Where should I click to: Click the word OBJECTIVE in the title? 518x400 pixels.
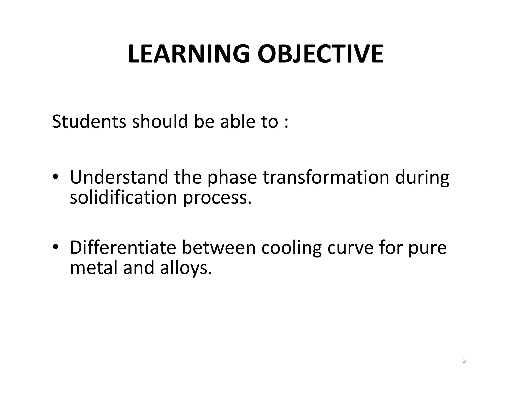click(x=320, y=54)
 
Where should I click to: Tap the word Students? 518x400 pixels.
click(x=89, y=122)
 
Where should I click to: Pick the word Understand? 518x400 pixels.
click(x=119, y=177)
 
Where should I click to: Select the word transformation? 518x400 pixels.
click(x=326, y=177)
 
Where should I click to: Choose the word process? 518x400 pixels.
click(x=217, y=198)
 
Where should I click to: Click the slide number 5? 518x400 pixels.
click(x=464, y=361)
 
